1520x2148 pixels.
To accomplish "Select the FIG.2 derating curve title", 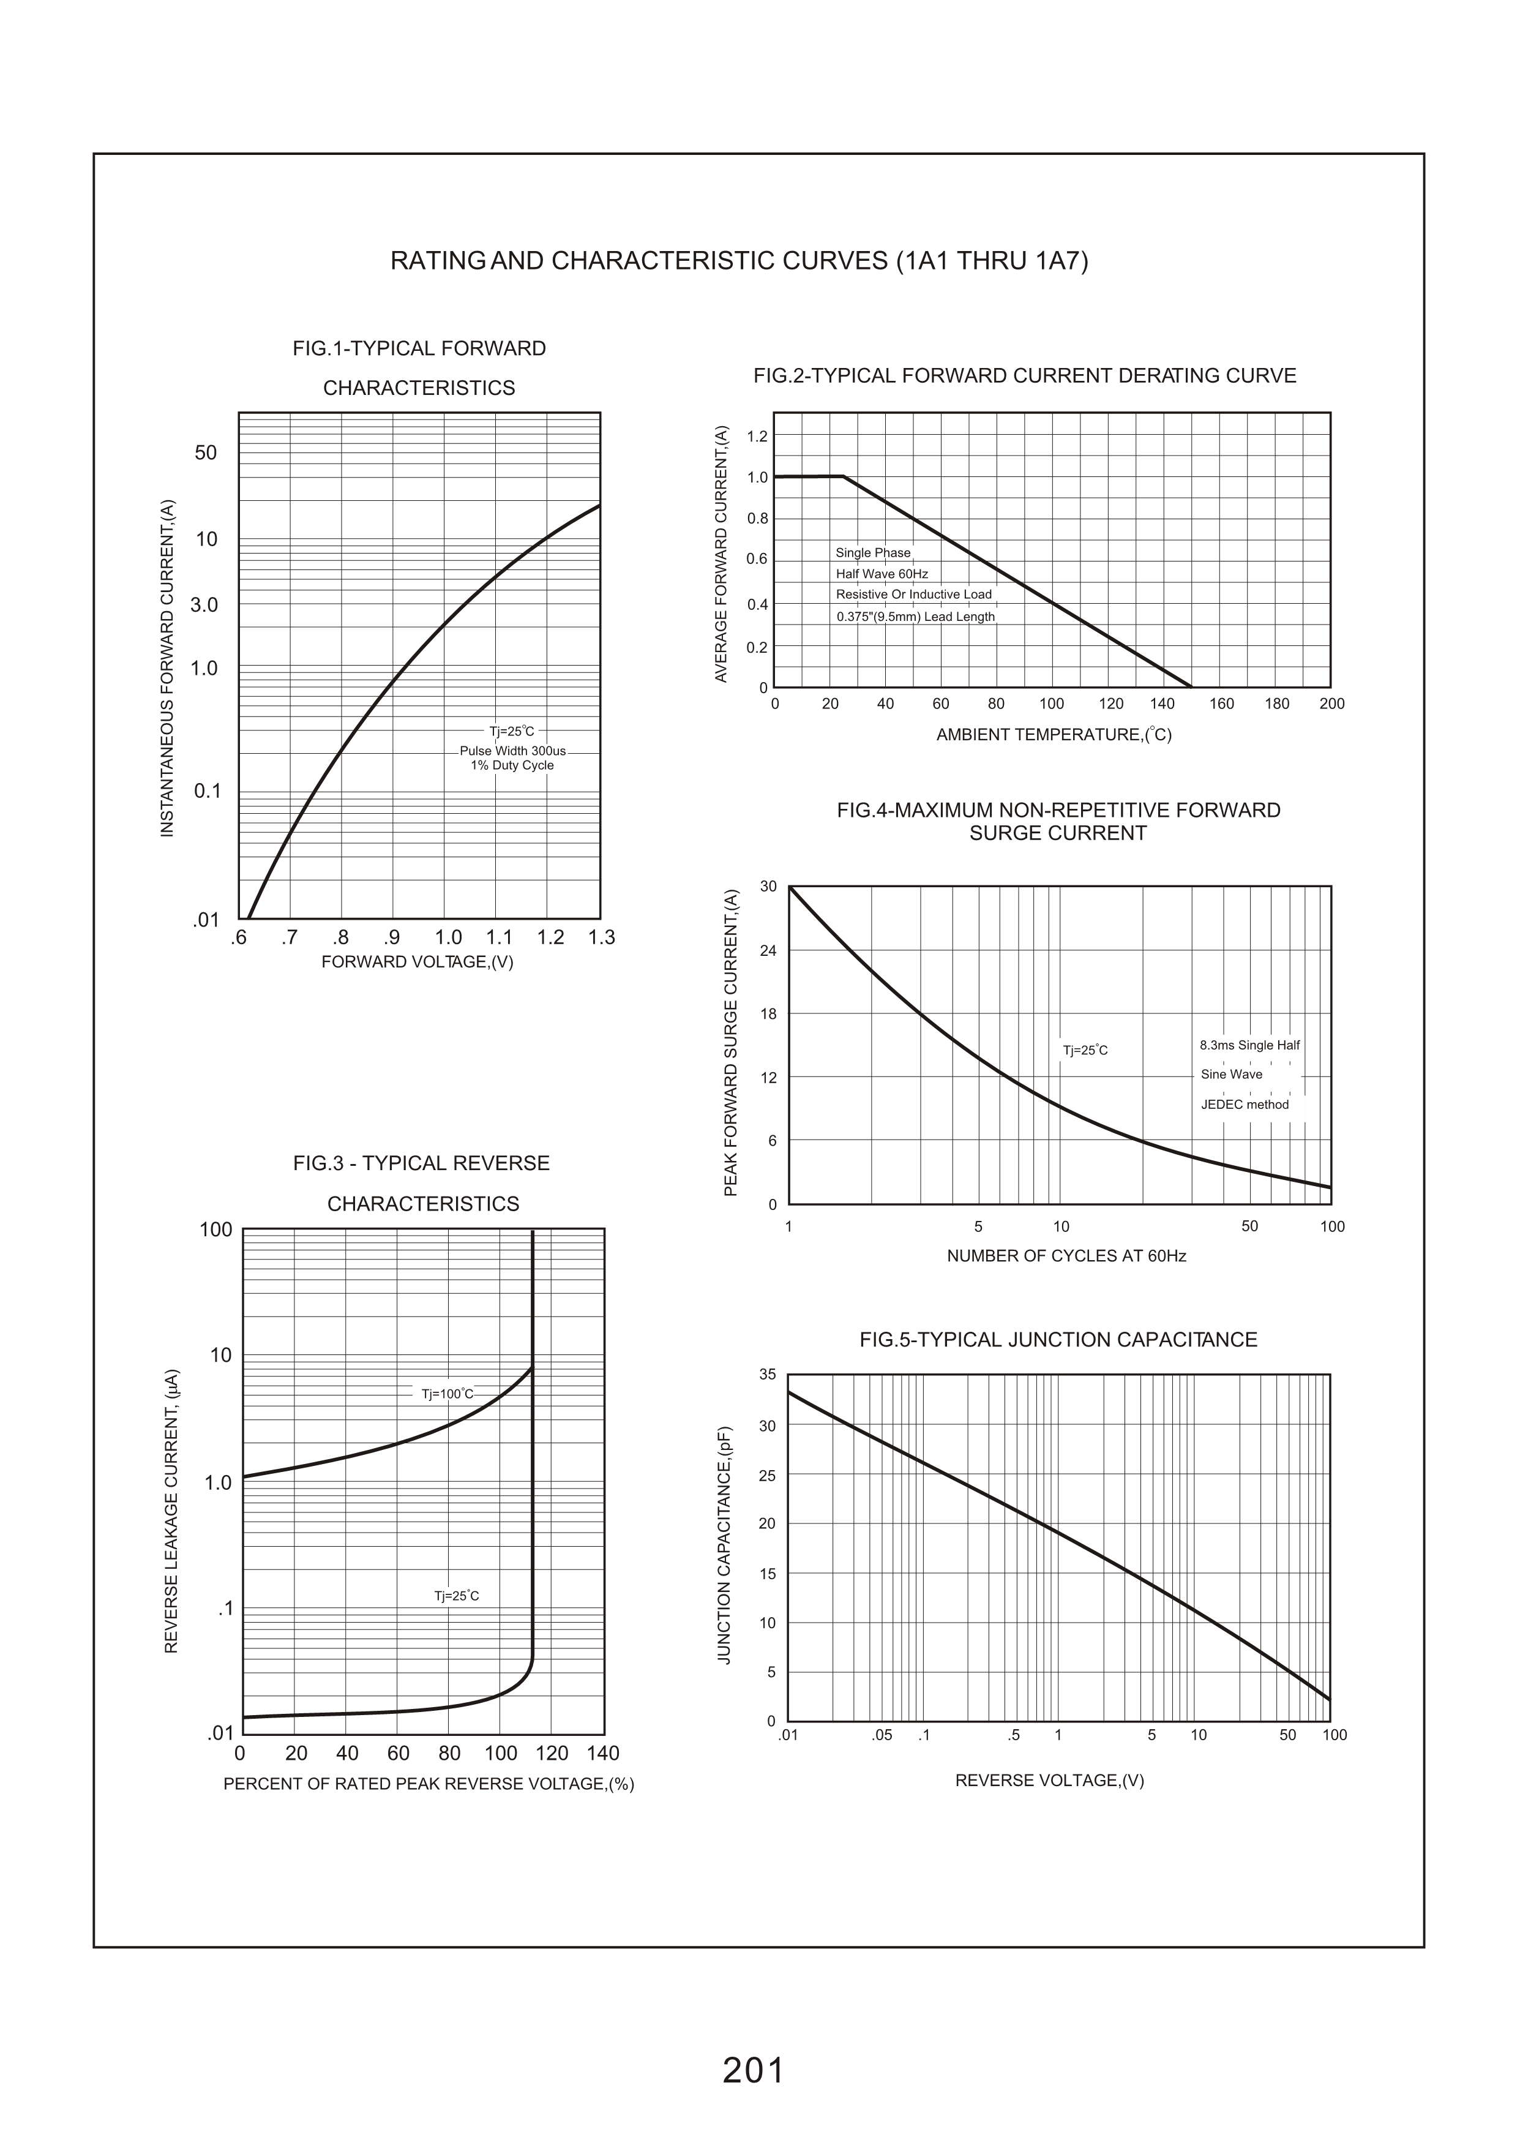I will (1025, 376).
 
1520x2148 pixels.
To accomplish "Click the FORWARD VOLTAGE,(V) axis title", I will (417, 962).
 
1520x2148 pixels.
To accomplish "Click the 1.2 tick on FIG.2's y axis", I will (757, 436).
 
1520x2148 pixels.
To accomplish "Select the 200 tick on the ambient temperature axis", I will (1331, 704).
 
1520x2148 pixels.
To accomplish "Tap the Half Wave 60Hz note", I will (882, 574).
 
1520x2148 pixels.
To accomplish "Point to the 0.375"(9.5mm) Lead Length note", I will (915, 617).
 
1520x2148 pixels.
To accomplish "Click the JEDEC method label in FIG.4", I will (1245, 1105).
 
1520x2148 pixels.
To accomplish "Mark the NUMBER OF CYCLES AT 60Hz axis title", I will (1066, 1256).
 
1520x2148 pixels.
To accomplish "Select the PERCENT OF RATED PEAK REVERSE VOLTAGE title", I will (429, 1784).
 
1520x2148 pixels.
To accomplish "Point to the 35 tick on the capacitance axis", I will (768, 1375).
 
